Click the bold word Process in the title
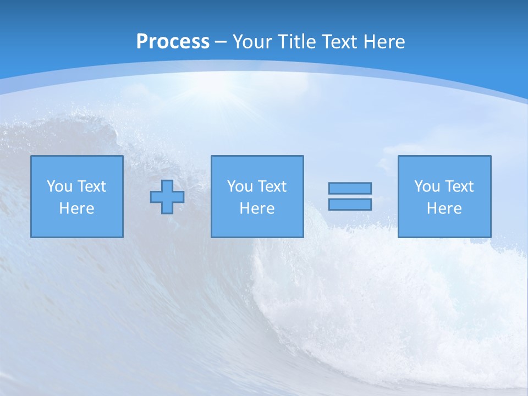[x=173, y=42]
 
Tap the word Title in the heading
[x=297, y=42]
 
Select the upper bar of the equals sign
[x=350, y=188]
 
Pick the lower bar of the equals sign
[x=350, y=204]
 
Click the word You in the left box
[x=59, y=186]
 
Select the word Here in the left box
[x=76, y=208]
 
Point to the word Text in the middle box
[x=272, y=186]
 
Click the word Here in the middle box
[x=257, y=208]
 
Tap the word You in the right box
[x=427, y=186]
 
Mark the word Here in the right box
[x=444, y=208]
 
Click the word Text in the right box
[x=459, y=186]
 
